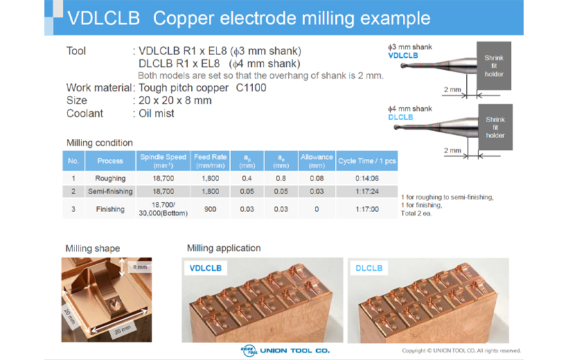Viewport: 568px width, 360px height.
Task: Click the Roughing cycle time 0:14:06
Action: (x=367, y=178)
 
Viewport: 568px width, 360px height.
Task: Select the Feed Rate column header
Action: (x=210, y=161)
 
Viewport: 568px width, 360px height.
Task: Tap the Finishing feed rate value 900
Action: (x=210, y=209)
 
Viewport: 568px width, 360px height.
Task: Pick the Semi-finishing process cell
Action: (x=110, y=191)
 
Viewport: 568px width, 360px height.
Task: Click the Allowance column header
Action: (x=317, y=161)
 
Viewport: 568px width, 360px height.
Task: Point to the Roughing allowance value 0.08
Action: (x=317, y=178)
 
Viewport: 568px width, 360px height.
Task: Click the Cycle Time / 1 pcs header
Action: (x=367, y=161)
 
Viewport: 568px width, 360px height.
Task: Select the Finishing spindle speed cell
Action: (x=163, y=209)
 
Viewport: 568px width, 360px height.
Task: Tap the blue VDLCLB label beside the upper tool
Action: (x=403, y=55)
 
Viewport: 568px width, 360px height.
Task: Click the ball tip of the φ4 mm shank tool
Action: (x=397, y=127)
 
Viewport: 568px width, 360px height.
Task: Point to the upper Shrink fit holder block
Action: (x=494, y=66)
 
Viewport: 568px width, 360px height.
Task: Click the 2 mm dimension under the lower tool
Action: (x=452, y=150)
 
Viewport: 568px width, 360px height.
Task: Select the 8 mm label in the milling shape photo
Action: (x=140, y=267)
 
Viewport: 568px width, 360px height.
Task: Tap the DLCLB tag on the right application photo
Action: (x=369, y=268)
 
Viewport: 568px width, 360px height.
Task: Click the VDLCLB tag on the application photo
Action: (x=206, y=268)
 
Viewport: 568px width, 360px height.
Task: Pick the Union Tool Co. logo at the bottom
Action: (x=285, y=350)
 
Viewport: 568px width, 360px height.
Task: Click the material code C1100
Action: (x=251, y=88)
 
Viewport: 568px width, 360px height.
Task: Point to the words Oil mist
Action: (x=157, y=114)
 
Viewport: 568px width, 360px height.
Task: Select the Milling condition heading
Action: (x=100, y=143)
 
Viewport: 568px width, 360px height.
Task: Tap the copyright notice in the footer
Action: (x=461, y=350)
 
